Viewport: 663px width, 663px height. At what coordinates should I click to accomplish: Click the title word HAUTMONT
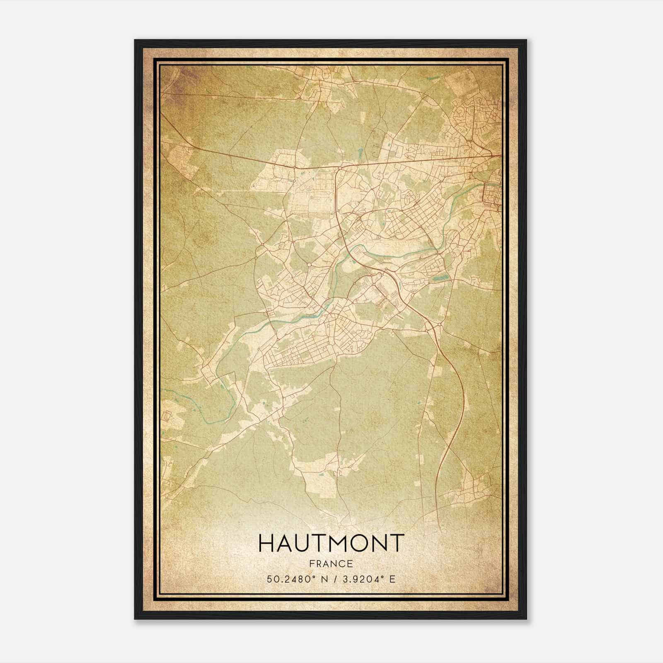coord(331,543)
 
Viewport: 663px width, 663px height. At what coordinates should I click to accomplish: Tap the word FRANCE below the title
coord(331,564)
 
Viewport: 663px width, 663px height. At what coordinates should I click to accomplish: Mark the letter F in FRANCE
coord(312,564)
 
